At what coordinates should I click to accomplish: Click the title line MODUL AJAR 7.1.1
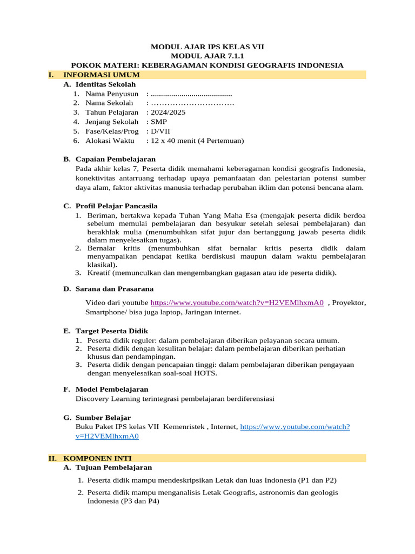click(x=207, y=56)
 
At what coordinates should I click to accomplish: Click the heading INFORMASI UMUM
click(x=102, y=75)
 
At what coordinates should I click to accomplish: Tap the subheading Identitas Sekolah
click(x=105, y=84)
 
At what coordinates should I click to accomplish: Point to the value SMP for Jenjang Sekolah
click(x=159, y=122)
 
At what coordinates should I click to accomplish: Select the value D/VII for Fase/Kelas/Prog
click(x=162, y=131)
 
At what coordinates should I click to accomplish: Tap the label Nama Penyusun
click(x=111, y=94)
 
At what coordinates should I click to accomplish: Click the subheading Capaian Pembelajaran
click(x=116, y=159)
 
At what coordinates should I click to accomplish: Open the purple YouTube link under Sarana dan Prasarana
click(x=237, y=303)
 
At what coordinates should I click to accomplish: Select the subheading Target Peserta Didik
click(x=111, y=331)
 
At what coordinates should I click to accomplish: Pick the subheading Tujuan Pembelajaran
click(x=113, y=467)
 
